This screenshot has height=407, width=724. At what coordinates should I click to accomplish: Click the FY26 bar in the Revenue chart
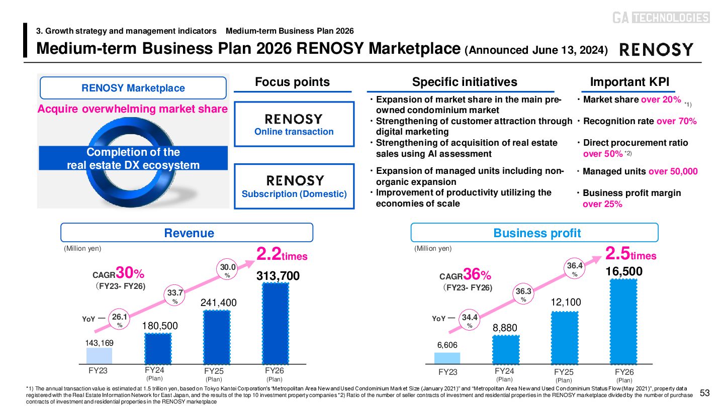pos(276,323)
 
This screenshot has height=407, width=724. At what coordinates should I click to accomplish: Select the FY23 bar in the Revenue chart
pos(99,355)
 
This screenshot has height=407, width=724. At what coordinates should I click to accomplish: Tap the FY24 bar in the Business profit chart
pos(505,349)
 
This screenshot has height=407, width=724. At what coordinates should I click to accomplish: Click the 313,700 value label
pos(278,276)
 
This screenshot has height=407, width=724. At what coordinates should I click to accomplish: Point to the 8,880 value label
pos(505,328)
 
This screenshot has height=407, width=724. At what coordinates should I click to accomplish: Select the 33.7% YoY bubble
pos(175,296)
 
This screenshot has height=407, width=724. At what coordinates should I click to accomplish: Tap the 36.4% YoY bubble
pos(574,269)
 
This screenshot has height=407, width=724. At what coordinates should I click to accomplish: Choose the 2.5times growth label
pos(631,254)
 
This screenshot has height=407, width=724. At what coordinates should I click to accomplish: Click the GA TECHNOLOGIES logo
pos(661,18)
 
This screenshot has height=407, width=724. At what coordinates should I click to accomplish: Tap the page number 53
pos(704,393)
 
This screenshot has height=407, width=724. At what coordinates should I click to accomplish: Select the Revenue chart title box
pos(187,233)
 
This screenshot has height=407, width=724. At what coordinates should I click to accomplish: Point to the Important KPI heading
pos(629,82)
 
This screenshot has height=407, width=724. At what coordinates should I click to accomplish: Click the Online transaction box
pos(294,124)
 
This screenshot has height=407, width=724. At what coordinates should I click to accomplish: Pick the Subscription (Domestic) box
pos(294,186)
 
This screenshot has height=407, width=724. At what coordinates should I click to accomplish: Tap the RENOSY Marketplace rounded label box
pos(133,88)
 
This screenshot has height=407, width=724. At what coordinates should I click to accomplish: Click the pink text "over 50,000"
pos(673,171)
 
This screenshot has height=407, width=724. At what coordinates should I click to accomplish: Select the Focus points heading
pos(292,82)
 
